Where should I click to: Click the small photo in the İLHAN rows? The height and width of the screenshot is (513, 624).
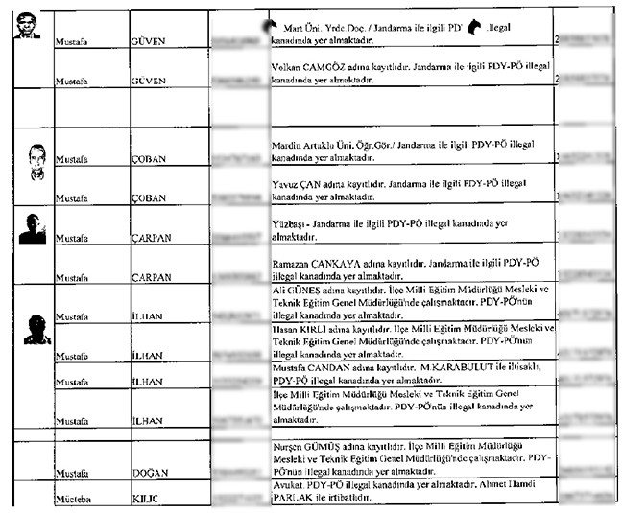(35, 327)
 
